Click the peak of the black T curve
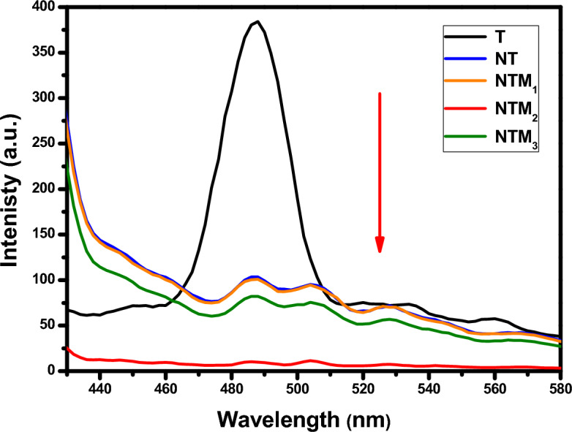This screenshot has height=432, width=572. click(x=256, y=22)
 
